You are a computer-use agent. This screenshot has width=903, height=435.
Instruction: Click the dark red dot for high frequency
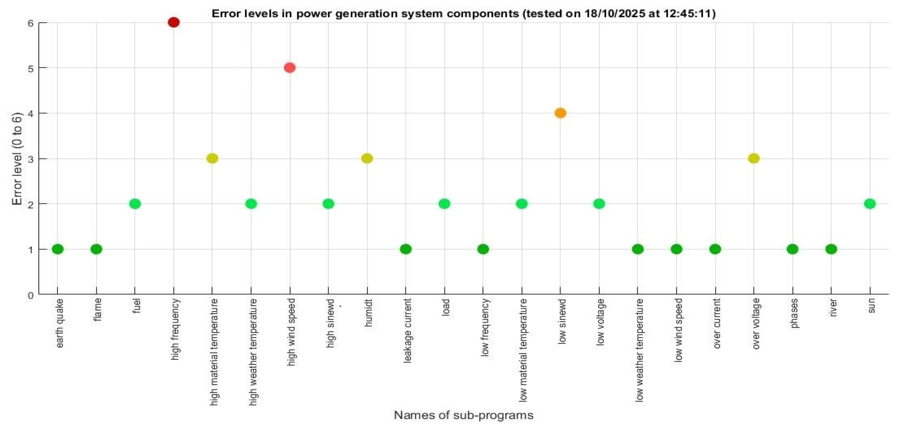click(x=174, y=22)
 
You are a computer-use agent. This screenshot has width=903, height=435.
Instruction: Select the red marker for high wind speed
click(x=289, y=68)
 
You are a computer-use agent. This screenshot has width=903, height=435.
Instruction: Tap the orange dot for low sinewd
click(x=560, y=113)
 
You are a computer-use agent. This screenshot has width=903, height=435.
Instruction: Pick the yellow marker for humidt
click(x=367, y=158)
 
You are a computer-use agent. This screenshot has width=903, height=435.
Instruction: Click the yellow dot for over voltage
click(x=754, y=158)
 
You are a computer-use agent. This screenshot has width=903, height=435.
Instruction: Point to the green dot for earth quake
click(x=58, y=249)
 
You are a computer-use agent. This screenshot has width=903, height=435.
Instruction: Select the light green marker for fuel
click(x=135, y=204)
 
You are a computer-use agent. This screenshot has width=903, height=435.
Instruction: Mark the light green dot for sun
click(x=870, y=204)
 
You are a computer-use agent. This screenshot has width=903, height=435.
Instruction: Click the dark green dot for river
click(x=831, y=249)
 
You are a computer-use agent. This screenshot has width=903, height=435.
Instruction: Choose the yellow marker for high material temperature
click(x=212, y=158)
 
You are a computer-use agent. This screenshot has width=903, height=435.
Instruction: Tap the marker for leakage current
click(x=405, y=249)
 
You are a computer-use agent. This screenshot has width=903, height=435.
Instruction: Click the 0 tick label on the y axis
click(x=31, y=295)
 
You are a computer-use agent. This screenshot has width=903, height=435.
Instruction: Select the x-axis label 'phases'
click(x=794, y=313)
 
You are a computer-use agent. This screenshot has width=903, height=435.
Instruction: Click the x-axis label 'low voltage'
click(x=600, y=322)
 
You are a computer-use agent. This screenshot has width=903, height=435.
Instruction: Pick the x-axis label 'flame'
click(x=97, y=309)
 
